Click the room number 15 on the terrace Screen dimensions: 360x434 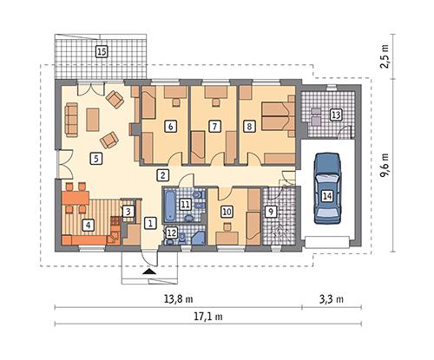click(101, 52)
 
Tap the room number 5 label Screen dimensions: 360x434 click(95, 159)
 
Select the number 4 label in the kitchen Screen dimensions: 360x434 click(87, 225)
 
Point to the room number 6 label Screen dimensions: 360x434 click(170, 127)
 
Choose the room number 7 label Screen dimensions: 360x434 click(214, 127)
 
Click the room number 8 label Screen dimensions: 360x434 click(251, 127)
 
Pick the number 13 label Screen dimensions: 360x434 click(336, 114)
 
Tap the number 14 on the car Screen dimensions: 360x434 click(326, 197)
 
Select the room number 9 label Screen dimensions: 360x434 click(270, 211)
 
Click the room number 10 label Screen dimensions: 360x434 click(227, 211)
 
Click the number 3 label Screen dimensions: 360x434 click(128, 211)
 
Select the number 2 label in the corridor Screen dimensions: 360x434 click(162, 175)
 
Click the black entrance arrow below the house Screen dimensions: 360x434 click(149, 272)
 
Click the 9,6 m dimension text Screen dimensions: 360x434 click(386, 162)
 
